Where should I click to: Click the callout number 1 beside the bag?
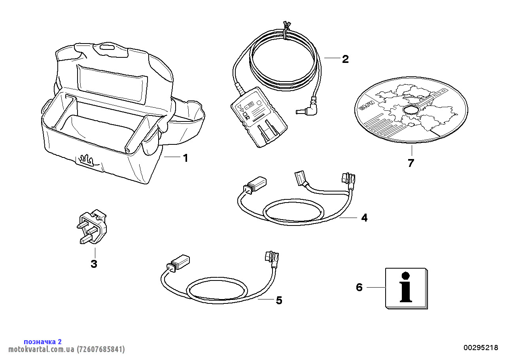(x=185, y=158)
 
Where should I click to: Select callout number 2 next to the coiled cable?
(x=345, y=59)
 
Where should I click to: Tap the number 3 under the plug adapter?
(x=94, y=264)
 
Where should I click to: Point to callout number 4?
(x=364, y=218)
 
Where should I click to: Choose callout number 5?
(x=279, y=301)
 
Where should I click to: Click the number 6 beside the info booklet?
(x=359, y=287)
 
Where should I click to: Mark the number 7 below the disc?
(x=411, y=163)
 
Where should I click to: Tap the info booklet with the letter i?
(x=406, y=288)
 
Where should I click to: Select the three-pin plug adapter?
(x=92, y=227)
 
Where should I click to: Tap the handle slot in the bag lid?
(x=106, y=47)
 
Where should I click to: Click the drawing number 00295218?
(x=481, y=347)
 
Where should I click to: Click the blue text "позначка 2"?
(x=43, y=341)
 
